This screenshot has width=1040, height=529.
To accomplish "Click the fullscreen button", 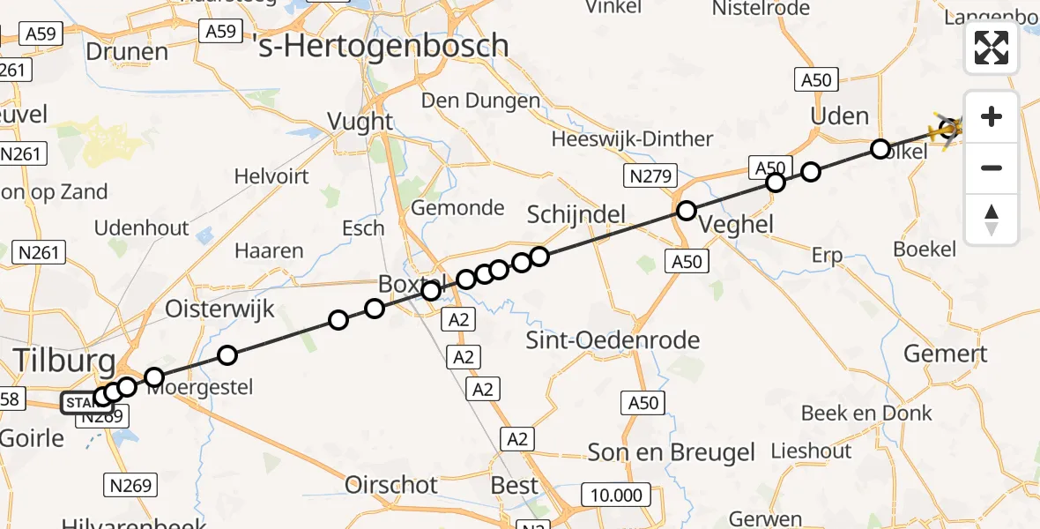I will point(992,48).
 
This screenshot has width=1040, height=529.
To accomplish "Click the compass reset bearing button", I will point(992,220).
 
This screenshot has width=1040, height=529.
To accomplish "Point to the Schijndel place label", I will point(576,214).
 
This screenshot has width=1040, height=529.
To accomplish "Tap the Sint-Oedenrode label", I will point(613,340).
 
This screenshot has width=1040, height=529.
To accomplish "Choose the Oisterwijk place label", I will point(220,309).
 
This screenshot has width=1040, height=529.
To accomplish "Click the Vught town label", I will point(360,121).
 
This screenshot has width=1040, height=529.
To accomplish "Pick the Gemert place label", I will point(946,354).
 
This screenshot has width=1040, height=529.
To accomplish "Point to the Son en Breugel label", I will point(672,452).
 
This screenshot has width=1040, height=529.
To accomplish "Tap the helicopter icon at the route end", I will point(949,130).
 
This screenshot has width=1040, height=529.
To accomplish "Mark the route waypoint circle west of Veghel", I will point(686,211).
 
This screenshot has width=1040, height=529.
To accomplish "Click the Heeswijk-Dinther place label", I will point(632,139).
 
